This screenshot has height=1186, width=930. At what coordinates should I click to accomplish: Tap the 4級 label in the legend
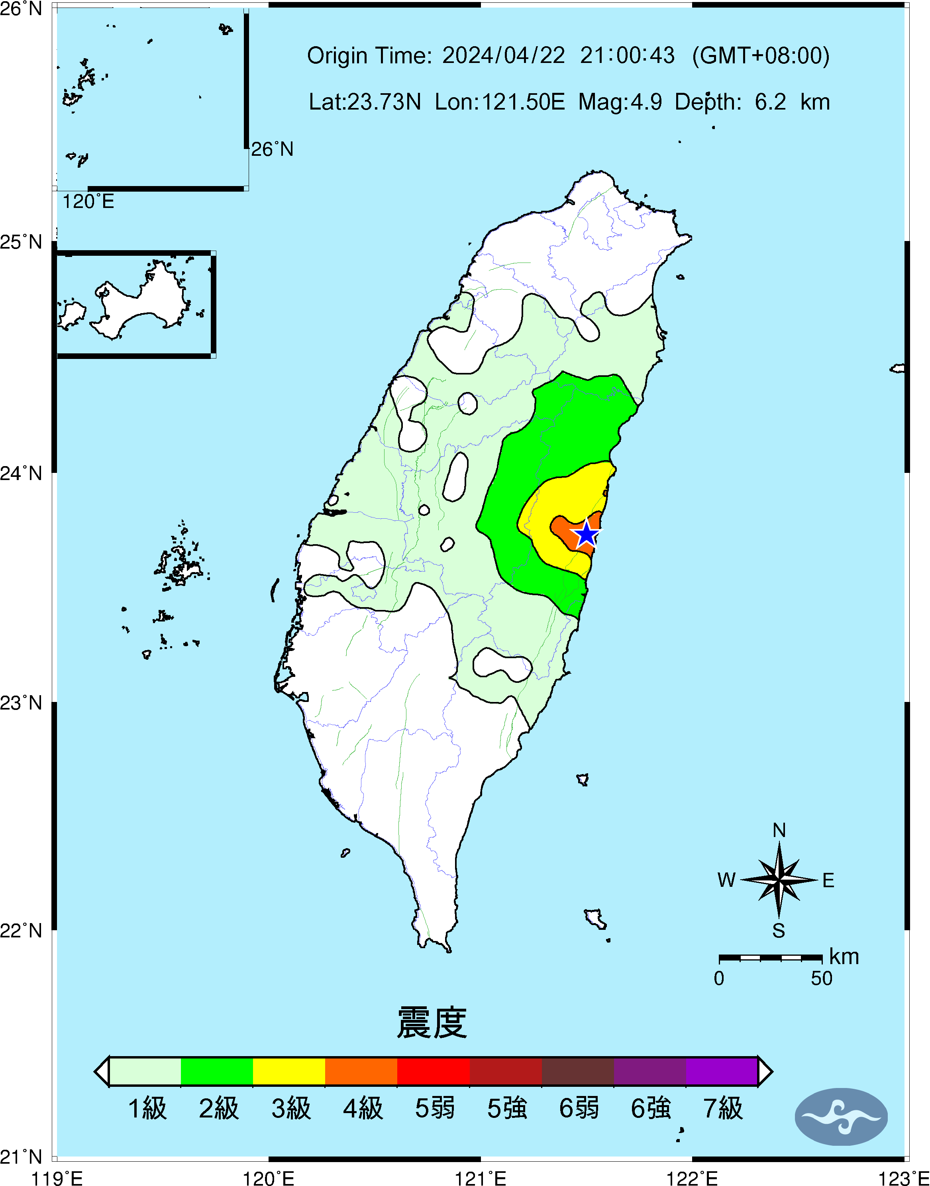click(363, 1108)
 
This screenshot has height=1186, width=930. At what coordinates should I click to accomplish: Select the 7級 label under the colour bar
click(722, 1108)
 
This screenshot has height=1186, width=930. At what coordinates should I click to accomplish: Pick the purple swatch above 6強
click(649, 1071)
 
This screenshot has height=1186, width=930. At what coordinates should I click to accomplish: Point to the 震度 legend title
click(432, 1023)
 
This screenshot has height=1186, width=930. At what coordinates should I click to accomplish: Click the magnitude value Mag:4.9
click(620, 102)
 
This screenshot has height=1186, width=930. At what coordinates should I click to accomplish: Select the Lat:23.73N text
click(365, 102)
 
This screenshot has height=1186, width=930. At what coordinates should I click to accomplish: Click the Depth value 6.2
click(770, 102)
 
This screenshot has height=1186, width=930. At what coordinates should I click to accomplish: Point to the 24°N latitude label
click(21, 473)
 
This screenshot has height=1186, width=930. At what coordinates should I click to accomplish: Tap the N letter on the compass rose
click(779, 830)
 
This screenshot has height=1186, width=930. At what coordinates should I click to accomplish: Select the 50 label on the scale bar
click(821, 978)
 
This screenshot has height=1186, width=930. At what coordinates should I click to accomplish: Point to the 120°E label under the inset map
click(88, 202)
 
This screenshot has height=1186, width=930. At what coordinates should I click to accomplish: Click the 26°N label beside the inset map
click(272, 149)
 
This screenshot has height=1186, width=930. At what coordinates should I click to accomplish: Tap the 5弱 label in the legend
click(434, 1108)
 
